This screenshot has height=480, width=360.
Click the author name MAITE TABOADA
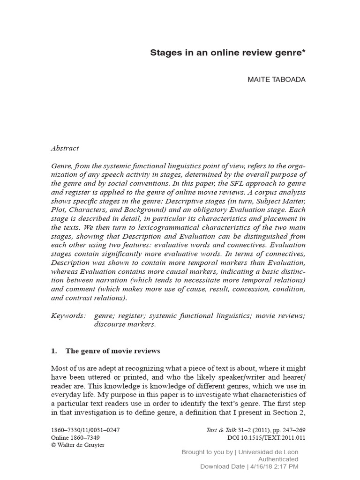(276, 79)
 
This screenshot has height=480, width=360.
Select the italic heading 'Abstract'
(65, 148)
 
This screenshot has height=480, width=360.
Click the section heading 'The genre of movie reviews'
(112, 351)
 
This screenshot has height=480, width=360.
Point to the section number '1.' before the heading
(53, 351)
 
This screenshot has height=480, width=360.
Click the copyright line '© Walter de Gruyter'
(77, 445)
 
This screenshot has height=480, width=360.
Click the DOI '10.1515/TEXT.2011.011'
(270, 437)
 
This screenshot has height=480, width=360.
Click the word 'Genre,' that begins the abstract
(62, 166)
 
